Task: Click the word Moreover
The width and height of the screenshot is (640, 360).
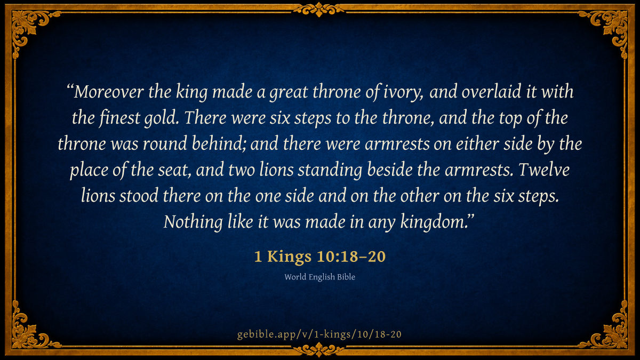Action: point(109,92)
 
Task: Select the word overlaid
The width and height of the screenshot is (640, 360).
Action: point(491,92)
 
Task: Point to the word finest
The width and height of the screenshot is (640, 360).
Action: point(119,118)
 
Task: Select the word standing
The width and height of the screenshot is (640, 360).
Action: point(330,170)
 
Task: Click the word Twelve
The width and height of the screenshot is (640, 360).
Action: point(544,170)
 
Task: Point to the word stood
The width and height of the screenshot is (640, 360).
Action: point(139,196)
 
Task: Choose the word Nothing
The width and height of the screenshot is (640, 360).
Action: point(193,222)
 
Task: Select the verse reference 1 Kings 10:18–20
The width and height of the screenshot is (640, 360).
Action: point(320,257)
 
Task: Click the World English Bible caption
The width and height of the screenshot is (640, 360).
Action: point(319,277)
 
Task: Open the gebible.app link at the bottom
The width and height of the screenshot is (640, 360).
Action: point(319,334)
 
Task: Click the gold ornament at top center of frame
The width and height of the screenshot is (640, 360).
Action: point(319,10)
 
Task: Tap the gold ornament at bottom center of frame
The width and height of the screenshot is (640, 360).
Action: point(319,350)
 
